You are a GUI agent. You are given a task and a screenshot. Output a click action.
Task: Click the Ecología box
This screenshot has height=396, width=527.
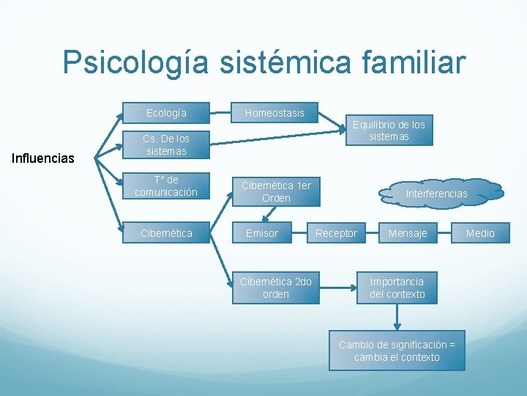coord(166,113)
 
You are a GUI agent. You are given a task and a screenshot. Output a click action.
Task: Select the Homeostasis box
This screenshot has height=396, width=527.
coord(274,113)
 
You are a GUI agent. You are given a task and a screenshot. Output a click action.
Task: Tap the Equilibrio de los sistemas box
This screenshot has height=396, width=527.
coord(389,131)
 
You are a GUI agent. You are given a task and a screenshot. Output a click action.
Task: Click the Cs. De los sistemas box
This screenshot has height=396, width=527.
coord(166,144)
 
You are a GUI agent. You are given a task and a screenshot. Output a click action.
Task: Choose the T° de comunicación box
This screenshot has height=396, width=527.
coord(166,186)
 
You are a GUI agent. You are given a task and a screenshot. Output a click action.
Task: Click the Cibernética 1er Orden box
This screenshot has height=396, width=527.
coord(276,191)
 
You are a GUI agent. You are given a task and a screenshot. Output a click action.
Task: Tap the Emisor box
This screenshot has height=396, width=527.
coord(261,233)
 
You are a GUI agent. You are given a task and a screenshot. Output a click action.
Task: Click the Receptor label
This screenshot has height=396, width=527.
coord(336,233)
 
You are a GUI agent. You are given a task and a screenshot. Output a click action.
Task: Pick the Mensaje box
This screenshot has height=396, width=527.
coord(408,233)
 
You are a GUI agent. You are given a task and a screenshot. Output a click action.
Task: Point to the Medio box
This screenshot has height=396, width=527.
coord(480,233)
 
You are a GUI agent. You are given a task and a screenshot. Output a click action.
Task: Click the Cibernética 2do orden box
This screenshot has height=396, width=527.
coord(276,287)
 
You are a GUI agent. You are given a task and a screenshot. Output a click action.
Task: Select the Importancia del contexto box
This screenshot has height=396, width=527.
coord(397,287)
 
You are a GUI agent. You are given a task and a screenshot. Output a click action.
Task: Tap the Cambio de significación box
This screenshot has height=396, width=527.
coord(397,351)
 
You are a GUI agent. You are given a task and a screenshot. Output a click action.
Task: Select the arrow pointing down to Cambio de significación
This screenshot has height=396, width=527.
coord(397,317)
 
